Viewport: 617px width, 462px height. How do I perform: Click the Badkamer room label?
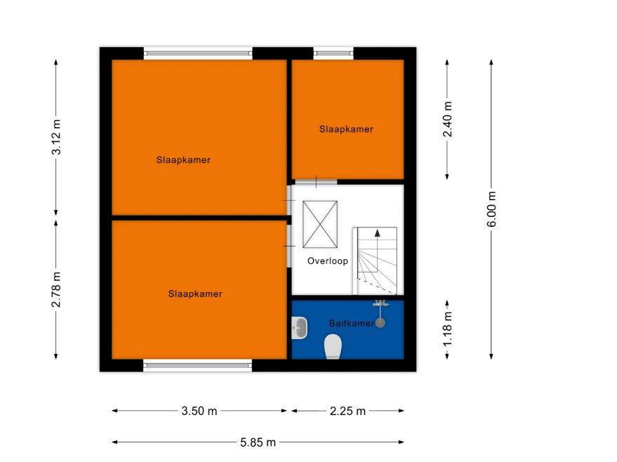[x=352, y=324]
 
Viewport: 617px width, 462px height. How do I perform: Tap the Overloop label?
[x=327, y=261]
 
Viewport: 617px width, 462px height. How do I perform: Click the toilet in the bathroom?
[x=333, y=346]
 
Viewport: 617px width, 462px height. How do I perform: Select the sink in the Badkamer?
[x=299, y=328]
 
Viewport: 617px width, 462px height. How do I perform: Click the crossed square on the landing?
[x=320, y=224]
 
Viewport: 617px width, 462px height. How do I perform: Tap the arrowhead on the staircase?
[x=378, y=232]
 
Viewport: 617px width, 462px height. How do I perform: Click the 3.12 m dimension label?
[x=56, y=137]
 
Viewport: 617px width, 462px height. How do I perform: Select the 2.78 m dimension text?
[x=56, y=290]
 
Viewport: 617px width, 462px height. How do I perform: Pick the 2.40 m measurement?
[x=447, y=119]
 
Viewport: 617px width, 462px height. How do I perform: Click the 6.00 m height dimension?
[x=491, y=209]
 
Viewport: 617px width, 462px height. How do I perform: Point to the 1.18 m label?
[x=447, y=329]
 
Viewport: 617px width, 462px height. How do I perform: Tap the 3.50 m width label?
[x=199, y=411]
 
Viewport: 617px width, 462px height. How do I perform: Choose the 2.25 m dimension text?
[x=347, y=411]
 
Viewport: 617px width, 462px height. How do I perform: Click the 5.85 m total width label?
[x=258, y=443]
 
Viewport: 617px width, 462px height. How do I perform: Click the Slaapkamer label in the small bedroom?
[x=346, y=129]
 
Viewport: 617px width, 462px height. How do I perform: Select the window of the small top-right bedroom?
[x=333, y=53]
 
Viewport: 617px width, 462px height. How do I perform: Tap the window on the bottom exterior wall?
[x=197, y=366]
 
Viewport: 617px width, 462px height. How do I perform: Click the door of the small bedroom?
[x=316, y=182]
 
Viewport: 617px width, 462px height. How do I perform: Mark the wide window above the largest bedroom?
[x=198, y=53]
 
